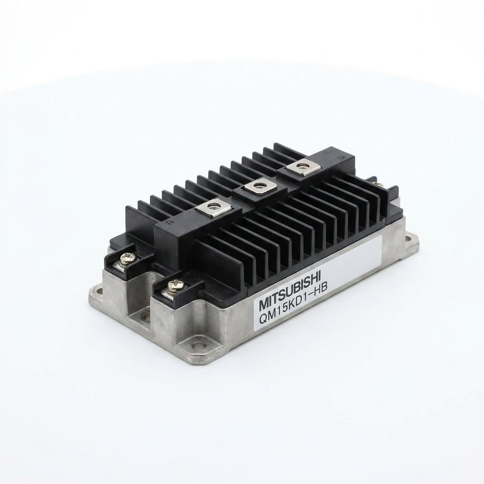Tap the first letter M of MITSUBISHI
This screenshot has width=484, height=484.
click(263, 304)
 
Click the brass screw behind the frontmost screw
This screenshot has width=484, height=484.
click(127, 258)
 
